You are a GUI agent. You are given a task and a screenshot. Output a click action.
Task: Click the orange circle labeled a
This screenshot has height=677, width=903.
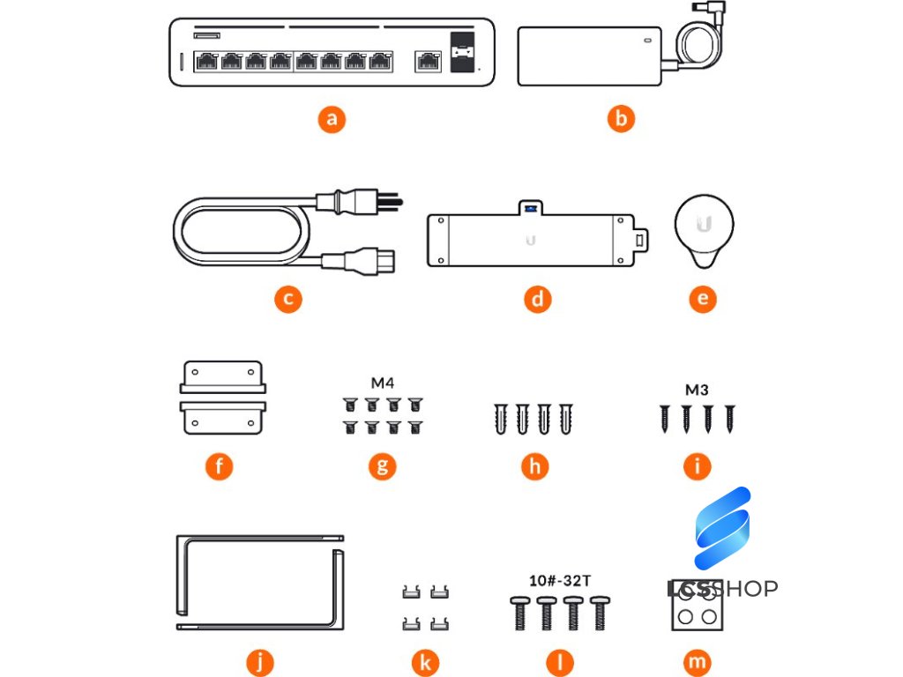click(332, 119)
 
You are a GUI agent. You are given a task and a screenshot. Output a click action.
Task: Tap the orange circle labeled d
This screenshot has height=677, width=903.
click(537, 299)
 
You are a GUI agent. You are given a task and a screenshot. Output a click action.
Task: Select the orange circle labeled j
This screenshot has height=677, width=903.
click(261, 659)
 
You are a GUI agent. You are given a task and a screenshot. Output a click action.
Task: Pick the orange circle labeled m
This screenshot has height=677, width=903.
click(698, 661)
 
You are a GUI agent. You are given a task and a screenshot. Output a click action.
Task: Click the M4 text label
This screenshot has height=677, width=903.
click(382, 383)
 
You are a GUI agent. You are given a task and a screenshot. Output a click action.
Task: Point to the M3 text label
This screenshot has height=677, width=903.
click(698, 390)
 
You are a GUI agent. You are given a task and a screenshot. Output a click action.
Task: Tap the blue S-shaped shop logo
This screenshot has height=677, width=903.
click(721, 527)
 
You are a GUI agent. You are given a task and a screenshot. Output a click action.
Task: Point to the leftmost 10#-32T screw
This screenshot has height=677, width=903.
click(517, 613)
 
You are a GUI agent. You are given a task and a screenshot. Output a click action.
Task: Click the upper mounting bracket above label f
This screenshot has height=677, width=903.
click(222, 376)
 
